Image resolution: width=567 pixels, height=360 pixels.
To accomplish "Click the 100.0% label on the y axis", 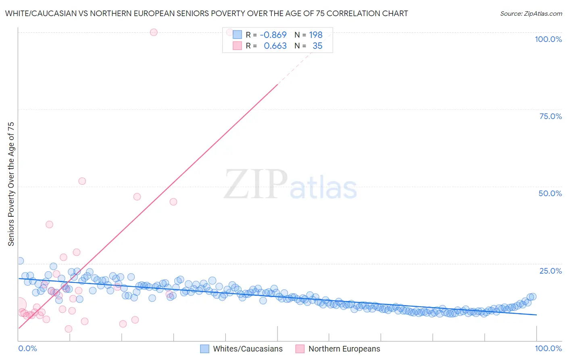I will [x=548, y=39].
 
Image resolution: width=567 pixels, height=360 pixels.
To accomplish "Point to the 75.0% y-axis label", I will [x=550, y=116].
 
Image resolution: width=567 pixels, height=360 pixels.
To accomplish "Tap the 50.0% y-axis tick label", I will [x=550, y=193].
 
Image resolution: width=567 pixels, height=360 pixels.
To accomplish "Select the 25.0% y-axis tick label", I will [x=550, y=271].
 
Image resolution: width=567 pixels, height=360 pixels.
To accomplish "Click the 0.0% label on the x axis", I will [x=27, y=348].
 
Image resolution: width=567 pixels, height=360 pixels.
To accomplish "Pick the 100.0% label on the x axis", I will [x=548, y=348].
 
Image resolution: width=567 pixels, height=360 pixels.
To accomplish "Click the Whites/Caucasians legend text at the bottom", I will [x=248, y=349].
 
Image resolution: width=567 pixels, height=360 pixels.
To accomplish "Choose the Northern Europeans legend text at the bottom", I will [x=344, y=349].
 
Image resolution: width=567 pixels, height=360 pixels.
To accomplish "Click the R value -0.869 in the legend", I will [x=273, y=35].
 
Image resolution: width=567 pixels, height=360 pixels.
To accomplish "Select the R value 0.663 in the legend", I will [x=275, y=46].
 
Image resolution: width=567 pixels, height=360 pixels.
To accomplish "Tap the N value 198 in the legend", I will [x=316, y=35].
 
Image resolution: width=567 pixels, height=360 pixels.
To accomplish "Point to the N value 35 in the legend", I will [x=317, y=46].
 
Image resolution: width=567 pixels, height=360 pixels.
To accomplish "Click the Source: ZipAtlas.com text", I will [x=531, y=13].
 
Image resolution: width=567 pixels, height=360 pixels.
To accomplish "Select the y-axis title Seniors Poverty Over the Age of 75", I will [x=11, y=184].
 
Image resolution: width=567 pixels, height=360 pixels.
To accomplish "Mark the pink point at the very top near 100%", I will [x=154, y=32].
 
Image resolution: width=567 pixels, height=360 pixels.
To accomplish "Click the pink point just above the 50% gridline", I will [x=82, y=181].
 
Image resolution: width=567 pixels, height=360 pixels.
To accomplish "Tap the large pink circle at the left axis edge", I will [x=19, y=305].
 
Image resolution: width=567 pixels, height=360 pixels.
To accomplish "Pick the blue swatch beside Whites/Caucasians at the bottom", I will [x=205, y=349].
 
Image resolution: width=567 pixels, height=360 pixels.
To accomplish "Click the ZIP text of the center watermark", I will [x=256, y=184].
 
